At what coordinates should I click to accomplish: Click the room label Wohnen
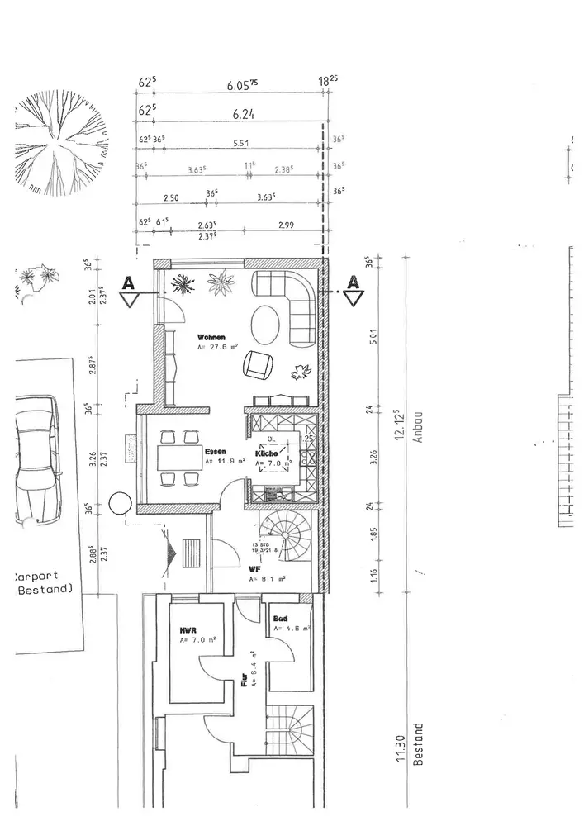[211, 338]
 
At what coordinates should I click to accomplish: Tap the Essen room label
[216, 452]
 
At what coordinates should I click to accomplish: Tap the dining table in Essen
[179, 456]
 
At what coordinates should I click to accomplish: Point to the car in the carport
[38, 458]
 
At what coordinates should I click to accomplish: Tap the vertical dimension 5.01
[374, 335]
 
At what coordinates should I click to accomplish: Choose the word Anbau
[418, 429]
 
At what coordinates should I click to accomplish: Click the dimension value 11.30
[400, 752]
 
